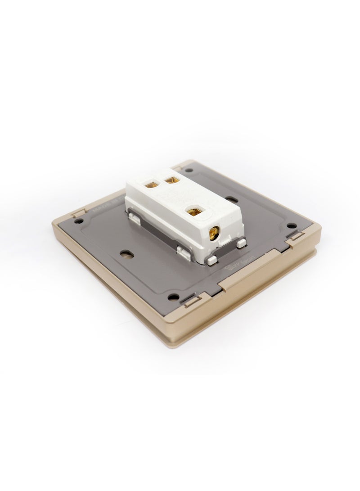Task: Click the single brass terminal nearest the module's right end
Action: pos(196,210)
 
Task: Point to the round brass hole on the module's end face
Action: pos(215,232)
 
